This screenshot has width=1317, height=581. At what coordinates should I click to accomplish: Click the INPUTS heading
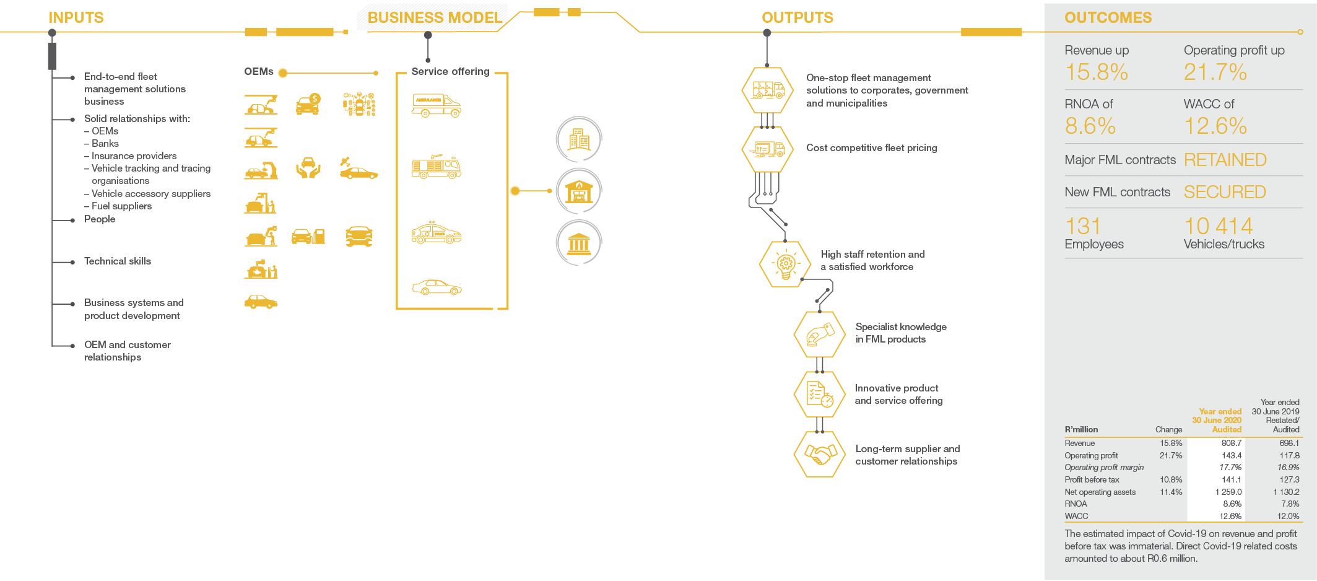coord(76,17)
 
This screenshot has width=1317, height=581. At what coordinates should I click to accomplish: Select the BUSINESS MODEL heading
coord(435,17)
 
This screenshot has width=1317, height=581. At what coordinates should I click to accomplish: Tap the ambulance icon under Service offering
coord(437,105)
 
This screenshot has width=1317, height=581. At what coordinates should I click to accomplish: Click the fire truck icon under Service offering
coord(437,167)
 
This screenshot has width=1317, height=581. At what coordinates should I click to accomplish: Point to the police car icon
coord(437,233)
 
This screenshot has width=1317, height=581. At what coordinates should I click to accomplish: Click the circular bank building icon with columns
coord(579,243)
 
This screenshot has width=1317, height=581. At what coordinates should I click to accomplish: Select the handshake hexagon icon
coord(820,455)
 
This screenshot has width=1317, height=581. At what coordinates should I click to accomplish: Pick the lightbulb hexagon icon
coord(785,264)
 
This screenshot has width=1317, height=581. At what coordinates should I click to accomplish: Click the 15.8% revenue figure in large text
coord(1097,72)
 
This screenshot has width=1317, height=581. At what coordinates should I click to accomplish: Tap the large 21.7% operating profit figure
coord(1215,72)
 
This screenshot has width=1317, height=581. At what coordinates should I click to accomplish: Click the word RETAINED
coord(1225,160)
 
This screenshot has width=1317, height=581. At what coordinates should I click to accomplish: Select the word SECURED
coord(1225,192)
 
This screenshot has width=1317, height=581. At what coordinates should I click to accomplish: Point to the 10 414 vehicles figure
coord(1218,226)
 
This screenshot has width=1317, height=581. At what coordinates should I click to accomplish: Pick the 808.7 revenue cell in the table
coord(1232,443)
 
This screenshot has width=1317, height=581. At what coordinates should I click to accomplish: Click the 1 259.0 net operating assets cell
coord(1228,492)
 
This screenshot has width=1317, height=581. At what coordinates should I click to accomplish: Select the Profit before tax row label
coord(1092,480)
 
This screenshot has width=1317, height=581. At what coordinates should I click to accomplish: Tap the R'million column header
coord(1081,430)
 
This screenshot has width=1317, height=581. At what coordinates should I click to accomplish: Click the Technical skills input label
coord(118,261)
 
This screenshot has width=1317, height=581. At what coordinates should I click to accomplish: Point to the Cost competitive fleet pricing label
coord(872,148)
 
